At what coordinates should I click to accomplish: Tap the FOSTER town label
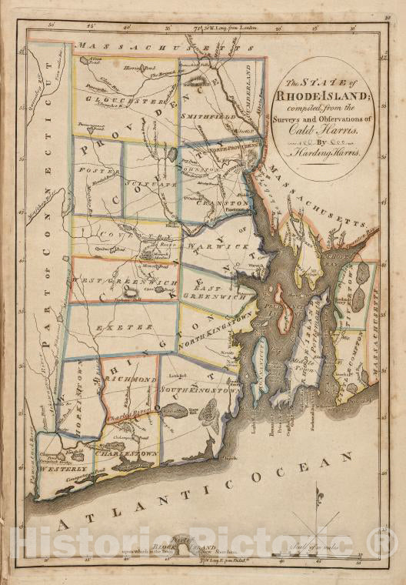90,169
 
